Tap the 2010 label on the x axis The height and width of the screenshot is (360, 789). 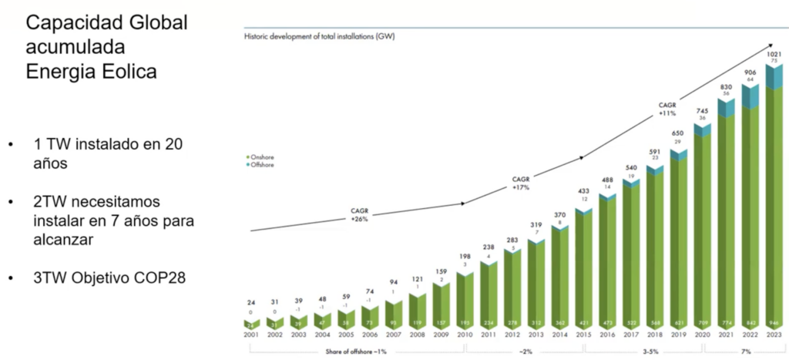click(465, 335)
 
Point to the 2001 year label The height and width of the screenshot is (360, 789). click(251, 335)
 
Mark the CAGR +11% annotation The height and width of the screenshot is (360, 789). click(668, 109)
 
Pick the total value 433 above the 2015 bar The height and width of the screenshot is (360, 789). click(583, 190)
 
